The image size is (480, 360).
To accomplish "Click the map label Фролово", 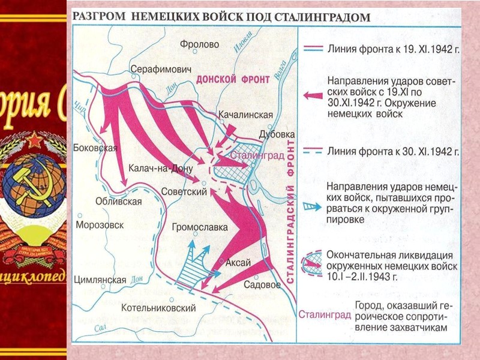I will pyautogui.click(x=200, y=44).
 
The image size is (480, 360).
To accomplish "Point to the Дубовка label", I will pyautogui.click(x=276, y=134).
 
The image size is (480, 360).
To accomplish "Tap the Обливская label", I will pyautogui.click(x=119, y=202).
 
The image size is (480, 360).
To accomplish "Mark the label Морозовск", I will pyautogui.click(x=100, y=225).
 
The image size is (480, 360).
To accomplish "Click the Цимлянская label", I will pyautogui.click(x=100, y=280).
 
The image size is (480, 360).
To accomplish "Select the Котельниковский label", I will pyautogui.click(x=159, y=308).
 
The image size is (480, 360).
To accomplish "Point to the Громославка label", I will pyautogui.click(x=200, y=228).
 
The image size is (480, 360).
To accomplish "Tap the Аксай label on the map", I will pyautogui.click(x=238, y=263).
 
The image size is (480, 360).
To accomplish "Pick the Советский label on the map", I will pyautogui.click(x=184, y=191).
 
